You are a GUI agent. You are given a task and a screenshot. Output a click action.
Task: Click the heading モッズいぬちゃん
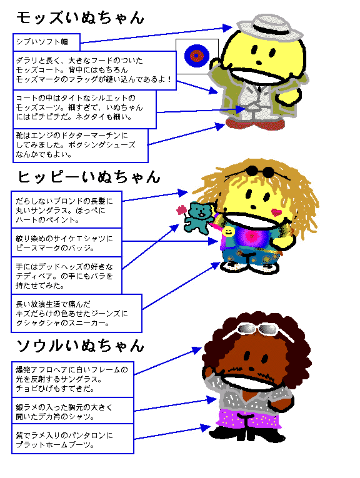coord(80,17)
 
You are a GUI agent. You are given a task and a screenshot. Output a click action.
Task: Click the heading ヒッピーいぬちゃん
coord(89,177)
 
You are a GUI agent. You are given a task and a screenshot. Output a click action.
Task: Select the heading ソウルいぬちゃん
coord(80,346)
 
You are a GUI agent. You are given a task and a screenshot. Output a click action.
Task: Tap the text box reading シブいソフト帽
coord(46,42)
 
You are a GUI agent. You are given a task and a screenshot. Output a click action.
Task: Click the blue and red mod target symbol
coord(197,56)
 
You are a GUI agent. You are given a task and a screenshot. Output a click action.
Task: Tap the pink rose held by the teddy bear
coord(181,210)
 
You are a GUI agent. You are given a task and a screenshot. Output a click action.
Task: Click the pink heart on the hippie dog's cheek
coord(276,212)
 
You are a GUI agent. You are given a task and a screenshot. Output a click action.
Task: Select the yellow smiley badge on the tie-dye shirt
coord(228,232)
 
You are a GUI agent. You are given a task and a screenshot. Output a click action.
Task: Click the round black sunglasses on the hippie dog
coord(260,171)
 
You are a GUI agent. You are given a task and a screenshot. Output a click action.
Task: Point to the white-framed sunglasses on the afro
coord(259,330)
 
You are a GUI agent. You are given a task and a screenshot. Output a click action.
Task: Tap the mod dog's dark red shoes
coord(255,124)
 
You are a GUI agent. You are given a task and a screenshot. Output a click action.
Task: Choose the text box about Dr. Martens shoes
coord(81,146)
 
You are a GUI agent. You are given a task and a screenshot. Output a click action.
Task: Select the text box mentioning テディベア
coord(66,276)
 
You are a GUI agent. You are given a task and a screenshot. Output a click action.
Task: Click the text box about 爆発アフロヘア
coord(72,379)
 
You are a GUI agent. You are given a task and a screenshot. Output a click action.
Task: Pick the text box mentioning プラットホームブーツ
coord(72,439)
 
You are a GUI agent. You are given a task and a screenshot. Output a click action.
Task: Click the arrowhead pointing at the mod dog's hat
coord(227,27)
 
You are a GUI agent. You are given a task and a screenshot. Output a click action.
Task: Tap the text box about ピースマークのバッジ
coord(66,242)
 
